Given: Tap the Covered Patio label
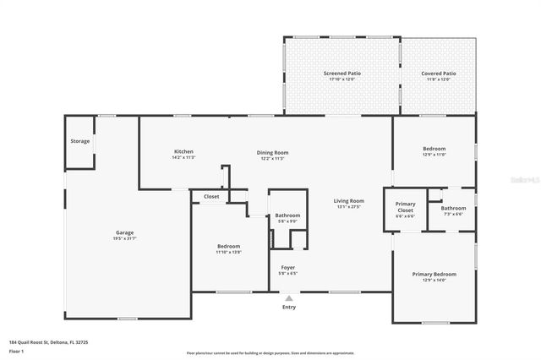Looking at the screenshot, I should [438, 74].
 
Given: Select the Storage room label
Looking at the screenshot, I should [79, 141].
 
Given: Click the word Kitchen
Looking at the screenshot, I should [183, 151].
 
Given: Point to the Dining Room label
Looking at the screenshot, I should [272, 152].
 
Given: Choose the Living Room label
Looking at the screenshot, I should [348, 200].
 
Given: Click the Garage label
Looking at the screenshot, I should [125, 232].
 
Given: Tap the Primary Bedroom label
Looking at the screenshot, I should [434, 275].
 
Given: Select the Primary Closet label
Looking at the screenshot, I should [406, 207].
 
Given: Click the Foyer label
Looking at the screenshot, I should [288, 267].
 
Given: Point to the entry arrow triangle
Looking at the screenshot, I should [289, 297].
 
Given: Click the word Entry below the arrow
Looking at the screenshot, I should [289, 307].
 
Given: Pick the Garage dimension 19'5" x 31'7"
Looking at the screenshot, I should [125, 238].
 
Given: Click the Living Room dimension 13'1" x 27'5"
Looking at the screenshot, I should [348, 206].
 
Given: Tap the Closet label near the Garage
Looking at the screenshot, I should [211, 196].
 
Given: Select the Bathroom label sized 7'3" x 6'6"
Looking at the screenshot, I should [453, 208].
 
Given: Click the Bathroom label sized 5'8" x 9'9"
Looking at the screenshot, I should [287, 215].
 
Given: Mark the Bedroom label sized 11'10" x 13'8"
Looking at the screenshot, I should [228, 246].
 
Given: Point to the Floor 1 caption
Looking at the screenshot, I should [17, 351].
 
